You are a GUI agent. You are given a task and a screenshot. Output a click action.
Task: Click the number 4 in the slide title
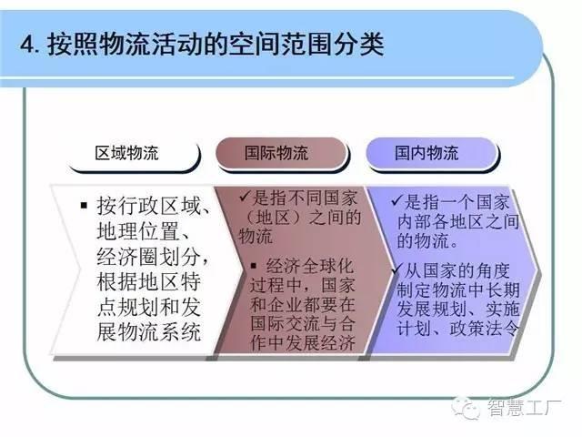pyautogui.click(x=26, y=46)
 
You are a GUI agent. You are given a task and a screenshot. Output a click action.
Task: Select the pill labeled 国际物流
pyautogui.click(x=281, y=154)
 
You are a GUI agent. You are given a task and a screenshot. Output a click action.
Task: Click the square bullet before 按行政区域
pyautogui.click(x=85, y=205)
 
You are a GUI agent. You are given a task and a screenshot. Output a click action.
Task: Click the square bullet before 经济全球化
pyautogui.click(x=255, y=265)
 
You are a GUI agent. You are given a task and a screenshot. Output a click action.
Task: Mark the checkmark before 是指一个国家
pyautogui.click(x=397, y=200)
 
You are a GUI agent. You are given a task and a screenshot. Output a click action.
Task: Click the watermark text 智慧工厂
pyautogui.click(x=524, y=408)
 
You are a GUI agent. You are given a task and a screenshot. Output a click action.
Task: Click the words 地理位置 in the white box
pyautogui.click(x=138, y=230)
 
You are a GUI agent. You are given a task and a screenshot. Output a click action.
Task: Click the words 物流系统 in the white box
pyautogui.click(x=160, y=331)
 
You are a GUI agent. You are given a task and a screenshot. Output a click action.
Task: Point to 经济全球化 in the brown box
pyautogui.click(x=309, y=266)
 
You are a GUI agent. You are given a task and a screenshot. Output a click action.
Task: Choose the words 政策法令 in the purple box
pyautogui.click(x=484, y=328)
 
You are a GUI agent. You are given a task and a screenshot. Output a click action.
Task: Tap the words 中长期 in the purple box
pyautogui.click(x=493, y=290)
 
